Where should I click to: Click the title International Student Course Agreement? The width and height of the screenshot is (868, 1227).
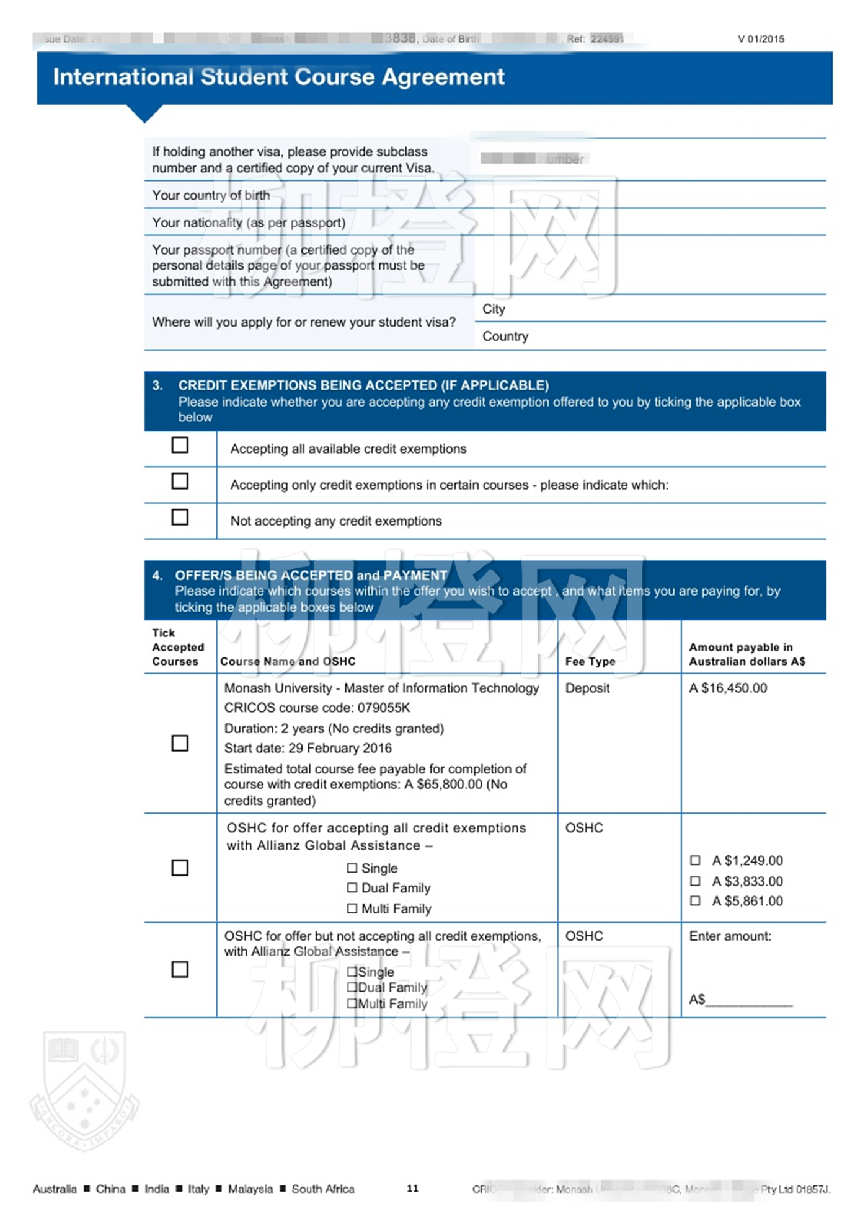coord(278,77)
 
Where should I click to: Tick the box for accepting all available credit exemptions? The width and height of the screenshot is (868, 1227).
coord(180,445)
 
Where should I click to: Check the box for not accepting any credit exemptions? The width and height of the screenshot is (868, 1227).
coord(180,517)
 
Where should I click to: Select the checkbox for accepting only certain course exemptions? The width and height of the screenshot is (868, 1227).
coord(180,481)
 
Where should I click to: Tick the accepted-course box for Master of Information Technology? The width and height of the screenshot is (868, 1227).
coord(180,743)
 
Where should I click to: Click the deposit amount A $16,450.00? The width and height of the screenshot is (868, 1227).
coord(728,688)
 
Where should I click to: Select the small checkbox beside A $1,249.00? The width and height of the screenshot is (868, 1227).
coord(695,860)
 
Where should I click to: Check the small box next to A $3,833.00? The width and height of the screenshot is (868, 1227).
coord(695,881)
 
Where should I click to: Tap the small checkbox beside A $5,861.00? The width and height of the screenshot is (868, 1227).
coord(695,900)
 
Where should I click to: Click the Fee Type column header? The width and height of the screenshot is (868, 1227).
coord(590,661)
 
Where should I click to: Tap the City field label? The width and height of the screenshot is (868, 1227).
coord(494,309)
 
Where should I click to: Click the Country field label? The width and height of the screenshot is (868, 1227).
coord(505,336)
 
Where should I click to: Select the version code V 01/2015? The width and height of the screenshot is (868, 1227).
coord(761,39)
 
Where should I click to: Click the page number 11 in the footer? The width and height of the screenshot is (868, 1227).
coord(412,1188)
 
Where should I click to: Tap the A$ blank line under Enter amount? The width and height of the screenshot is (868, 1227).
coord(749,999)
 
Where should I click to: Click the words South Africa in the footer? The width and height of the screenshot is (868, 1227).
coord(323,1189)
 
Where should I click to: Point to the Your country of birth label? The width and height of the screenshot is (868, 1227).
coord(211,195)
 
